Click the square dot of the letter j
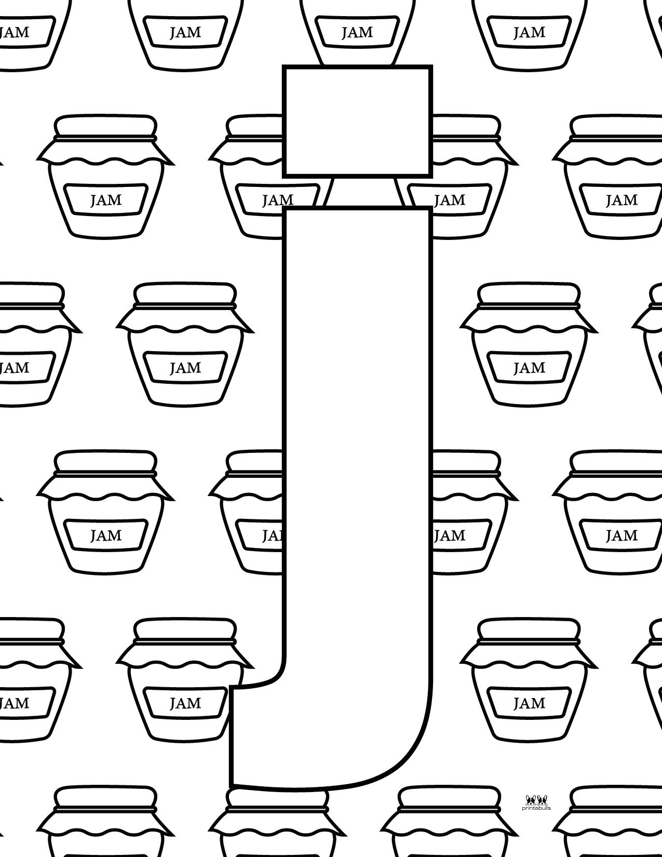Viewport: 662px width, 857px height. point(357,121)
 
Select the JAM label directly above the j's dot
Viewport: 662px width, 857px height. point(357,32)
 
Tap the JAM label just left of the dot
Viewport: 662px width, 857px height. point(277,200)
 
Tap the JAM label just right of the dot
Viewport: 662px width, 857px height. point(450,200)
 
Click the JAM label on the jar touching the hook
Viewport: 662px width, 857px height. point(185,703)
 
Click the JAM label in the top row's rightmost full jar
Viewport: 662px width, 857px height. point(529,32)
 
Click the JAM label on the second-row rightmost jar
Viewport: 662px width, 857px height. point(621,200)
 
